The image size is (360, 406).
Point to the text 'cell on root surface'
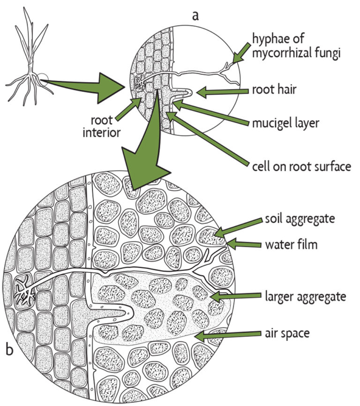pos(300,166)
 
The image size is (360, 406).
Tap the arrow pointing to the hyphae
pos(242,53)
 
